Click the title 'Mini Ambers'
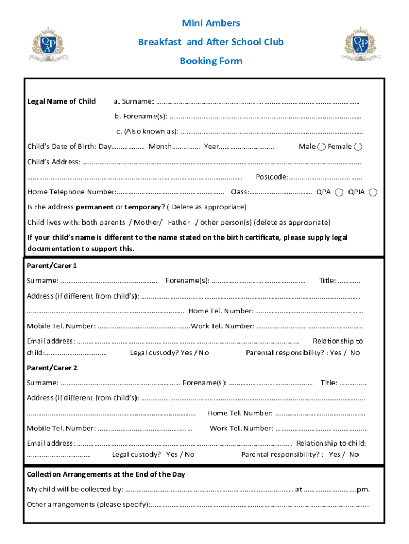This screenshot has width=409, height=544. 211,23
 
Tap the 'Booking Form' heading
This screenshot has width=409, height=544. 211,61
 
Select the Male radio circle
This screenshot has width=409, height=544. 322,147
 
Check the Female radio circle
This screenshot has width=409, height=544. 359,147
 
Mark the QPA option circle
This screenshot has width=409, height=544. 339,192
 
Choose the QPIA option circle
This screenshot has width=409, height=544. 373,192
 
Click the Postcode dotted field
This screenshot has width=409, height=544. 326,177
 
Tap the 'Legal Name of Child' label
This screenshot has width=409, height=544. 62,101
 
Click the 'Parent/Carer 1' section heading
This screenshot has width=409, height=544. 52,265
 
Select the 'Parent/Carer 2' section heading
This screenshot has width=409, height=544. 52,368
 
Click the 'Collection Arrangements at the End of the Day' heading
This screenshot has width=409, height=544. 106,474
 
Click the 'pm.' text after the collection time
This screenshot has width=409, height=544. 364,489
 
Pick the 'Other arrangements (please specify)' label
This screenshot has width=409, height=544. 88,504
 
